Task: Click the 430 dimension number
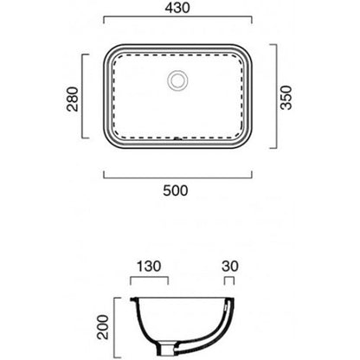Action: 177,8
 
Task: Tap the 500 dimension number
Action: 176,190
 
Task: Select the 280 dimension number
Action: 73,100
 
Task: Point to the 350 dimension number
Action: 286,97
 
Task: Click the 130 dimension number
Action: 149,267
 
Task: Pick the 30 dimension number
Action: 230,267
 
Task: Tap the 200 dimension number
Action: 103,327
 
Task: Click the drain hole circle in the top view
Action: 177,80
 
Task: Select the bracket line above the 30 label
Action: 229,278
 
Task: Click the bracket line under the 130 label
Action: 149,278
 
